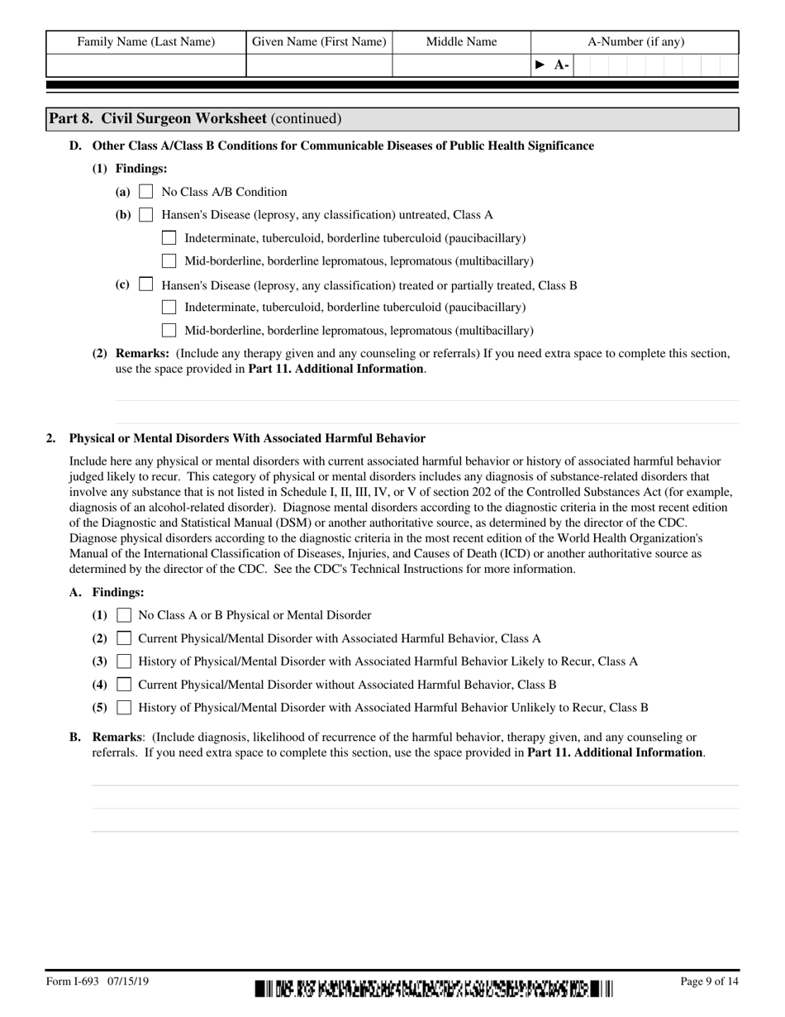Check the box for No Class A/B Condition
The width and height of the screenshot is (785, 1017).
[146, 192]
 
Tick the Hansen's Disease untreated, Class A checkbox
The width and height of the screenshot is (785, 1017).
[146, 215]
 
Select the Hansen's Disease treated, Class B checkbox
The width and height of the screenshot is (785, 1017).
[146, 284]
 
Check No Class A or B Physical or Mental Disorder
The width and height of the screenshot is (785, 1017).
[125, 615]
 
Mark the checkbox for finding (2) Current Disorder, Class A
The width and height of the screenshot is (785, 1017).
[125, 638]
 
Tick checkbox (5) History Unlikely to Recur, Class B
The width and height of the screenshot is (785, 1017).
[125, 708]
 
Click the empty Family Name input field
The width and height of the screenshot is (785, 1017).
[146, 65]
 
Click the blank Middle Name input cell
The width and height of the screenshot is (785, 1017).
[461, 65]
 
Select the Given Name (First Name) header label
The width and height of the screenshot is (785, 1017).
[319, 41]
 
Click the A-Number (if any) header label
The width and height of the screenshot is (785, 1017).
[635, 41]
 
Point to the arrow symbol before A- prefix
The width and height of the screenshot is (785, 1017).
[540, 65]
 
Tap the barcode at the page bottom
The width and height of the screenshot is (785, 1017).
[434, 987]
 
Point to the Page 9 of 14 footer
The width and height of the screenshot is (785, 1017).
[709, 982]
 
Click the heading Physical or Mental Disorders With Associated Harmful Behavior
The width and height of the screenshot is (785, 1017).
[247, 438]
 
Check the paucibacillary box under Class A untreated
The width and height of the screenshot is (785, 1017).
[169, 238]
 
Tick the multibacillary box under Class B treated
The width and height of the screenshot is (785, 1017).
[169, 330]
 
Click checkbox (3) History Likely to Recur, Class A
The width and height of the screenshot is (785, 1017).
[125, 661]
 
